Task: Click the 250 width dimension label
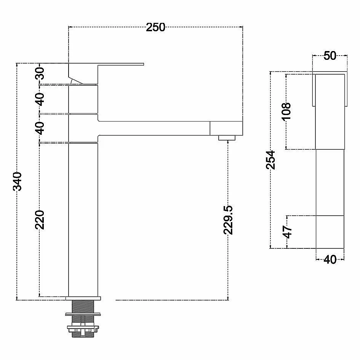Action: (155, 27)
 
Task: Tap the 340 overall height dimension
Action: (17, 181)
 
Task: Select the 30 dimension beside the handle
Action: (40, 73)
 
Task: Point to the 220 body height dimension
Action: (40, 219)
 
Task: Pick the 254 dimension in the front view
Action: (270, 160)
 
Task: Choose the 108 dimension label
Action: (286, 111)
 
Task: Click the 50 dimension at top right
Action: (330, 56)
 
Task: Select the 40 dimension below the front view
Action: (330, 260)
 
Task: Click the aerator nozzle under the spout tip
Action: (227, 138)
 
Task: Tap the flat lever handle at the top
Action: (106, 64)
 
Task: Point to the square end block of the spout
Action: (226, 128)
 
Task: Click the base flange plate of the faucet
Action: (83, 298)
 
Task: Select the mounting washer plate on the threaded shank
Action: (83, 314)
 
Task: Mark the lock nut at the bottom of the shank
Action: (83, 329)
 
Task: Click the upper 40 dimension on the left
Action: (40, 99)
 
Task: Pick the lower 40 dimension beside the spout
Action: (40, 128)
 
